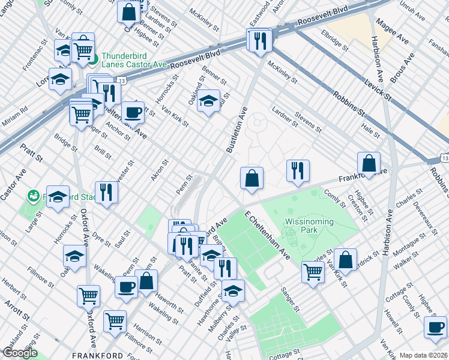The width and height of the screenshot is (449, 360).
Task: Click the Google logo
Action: tap(19, 353)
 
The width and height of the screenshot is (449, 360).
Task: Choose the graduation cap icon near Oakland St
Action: tap(208, 100)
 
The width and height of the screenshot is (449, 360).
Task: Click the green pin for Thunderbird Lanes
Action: tap(93, 59)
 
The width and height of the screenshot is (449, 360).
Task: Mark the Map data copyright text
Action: tap(423, 355)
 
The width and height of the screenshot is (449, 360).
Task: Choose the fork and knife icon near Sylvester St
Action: tap(106, 193)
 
